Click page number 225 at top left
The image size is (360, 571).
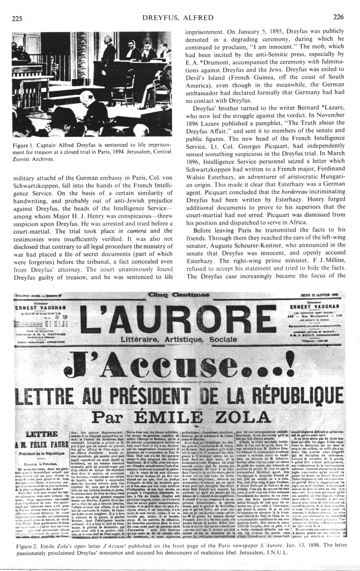17,18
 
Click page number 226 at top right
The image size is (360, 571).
338,17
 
